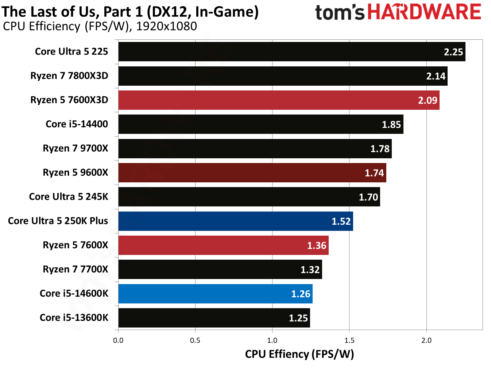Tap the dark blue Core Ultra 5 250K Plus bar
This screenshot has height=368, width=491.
235,221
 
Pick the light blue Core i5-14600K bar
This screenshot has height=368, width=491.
215,294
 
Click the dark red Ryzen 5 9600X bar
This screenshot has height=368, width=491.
252,173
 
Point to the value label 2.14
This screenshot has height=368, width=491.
436,76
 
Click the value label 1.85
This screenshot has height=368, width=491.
391,125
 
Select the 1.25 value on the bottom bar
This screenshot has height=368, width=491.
298,318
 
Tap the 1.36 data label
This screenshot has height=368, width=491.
316,245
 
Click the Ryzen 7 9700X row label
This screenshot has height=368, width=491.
76,148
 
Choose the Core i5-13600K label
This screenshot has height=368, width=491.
74,318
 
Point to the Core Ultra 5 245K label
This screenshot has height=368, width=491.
69,197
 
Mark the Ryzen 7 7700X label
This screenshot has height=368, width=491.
76,270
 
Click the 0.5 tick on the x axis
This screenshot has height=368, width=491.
195,341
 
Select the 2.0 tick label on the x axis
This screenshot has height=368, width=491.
426,341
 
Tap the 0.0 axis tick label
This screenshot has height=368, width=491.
118,341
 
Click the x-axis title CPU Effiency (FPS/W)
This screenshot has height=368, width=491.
299,354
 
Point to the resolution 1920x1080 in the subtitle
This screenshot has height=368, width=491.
166,26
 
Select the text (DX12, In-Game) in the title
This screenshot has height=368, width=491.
202,12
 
